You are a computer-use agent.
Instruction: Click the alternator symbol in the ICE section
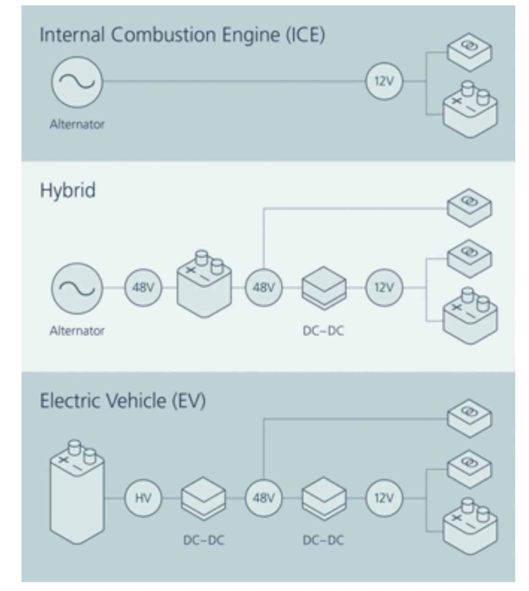[x=77, y=82]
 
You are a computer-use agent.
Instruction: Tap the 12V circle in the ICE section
[x=384, y=81]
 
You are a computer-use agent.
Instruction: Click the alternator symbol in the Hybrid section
[x=77, y=288]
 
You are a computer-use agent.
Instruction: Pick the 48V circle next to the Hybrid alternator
[x=143, y=288]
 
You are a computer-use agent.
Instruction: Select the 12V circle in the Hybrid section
[x=384, y=288]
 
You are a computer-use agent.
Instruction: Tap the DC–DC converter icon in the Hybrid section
[x=324, y=288]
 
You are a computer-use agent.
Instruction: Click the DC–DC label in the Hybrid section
[x=323, y=331]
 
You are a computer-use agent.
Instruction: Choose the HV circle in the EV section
[x=143, y=498]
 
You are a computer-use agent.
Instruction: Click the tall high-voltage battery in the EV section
[x=77, y=492]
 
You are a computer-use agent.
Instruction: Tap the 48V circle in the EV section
[x=264, y=498]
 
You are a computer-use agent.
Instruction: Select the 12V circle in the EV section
[x=384, y=498]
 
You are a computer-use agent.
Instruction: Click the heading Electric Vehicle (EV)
[x=123, y=401]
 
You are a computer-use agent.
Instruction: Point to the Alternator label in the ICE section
[x=77, y=124]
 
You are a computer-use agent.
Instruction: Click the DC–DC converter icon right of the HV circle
[x=203, y=498]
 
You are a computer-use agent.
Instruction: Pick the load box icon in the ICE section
[x=469, y=52]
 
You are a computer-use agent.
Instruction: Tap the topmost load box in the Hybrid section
[x=469, y=208]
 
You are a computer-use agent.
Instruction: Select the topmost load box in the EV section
[x=469, y=419]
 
